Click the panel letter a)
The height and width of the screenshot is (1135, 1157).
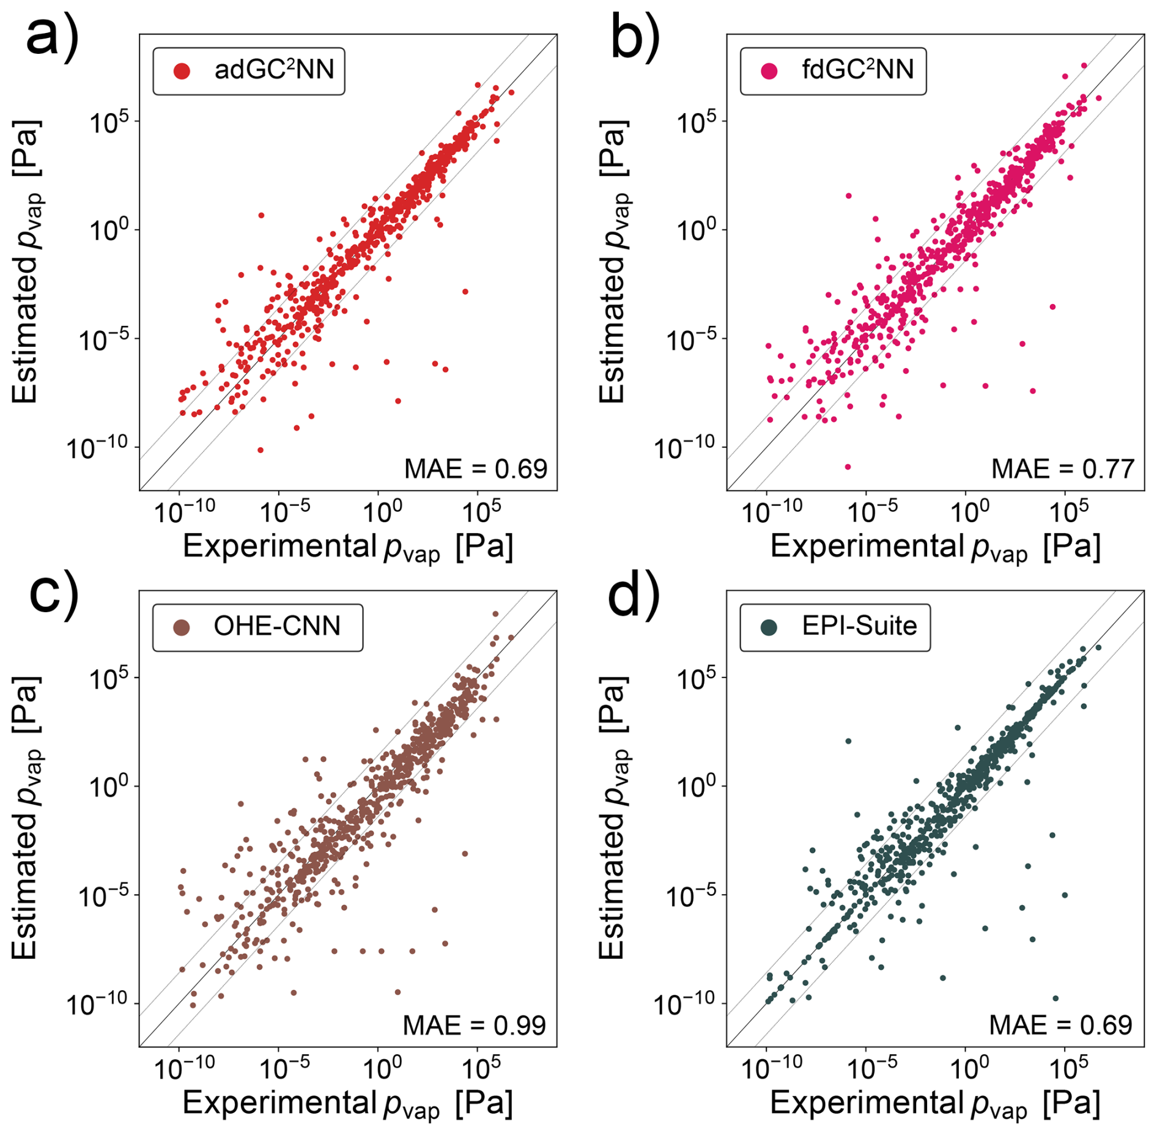click(51, 35)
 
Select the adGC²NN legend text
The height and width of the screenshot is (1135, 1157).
click(274, 70)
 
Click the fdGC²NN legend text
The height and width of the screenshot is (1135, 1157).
click(857, 70)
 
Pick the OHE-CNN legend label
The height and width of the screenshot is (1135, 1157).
click(276, 626)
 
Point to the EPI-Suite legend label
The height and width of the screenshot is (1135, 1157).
click(859, 626)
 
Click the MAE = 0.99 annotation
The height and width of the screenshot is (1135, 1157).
click(474, 1026)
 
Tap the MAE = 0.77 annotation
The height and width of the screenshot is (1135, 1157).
click(1062, 469)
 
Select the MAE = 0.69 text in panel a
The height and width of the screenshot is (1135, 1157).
click(475, 469)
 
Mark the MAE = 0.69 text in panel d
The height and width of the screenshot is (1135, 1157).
click(1060, 1026)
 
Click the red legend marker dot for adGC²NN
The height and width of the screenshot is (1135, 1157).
click(182, 71)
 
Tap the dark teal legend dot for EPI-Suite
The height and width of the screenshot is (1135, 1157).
click(769, 627)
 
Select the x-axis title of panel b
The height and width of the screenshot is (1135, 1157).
click(935, 547)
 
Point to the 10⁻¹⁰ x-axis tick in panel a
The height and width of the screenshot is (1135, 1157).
click(183, 511)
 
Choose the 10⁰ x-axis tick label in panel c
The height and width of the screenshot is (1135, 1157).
click(382, 1068)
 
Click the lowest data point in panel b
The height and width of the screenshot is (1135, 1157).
click(848, 467)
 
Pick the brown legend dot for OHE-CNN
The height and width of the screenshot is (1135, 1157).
click(182, 627)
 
